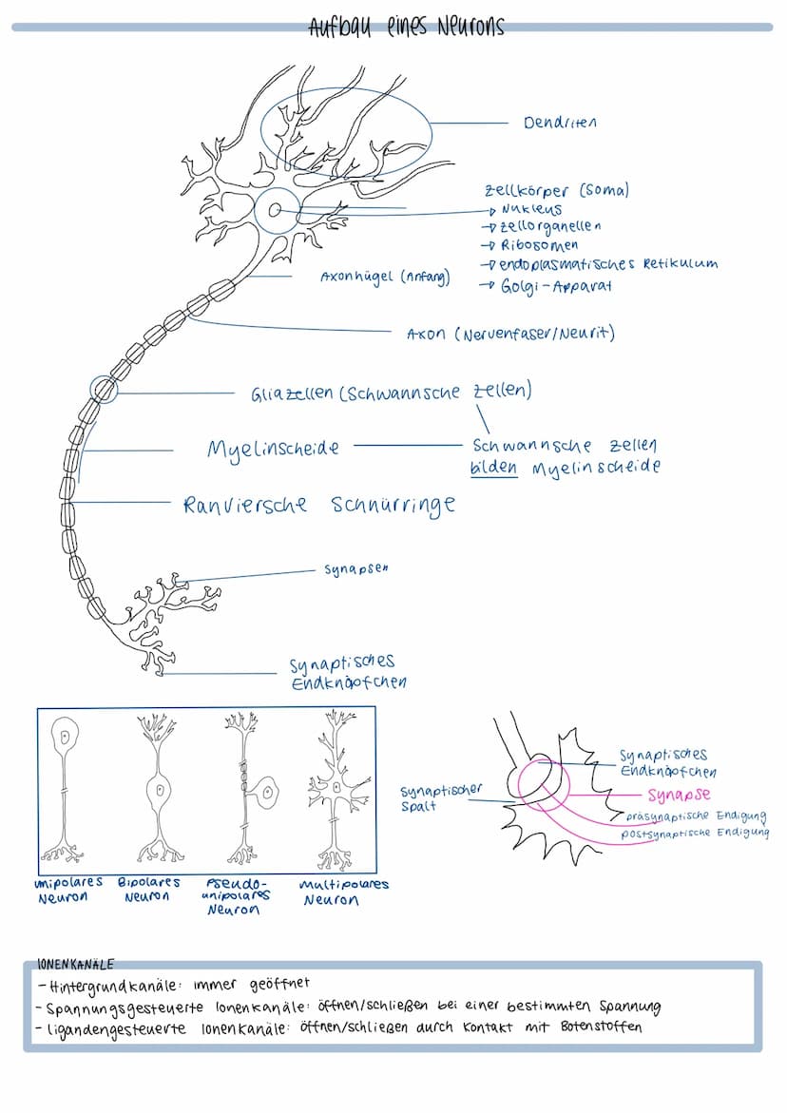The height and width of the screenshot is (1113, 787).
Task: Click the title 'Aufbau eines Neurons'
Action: coord(406,27)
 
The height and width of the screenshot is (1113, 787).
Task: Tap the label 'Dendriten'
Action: coord(560,123)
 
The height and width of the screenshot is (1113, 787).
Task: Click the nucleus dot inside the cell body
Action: coord(275,212)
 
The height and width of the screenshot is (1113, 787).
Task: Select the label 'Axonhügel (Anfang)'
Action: coord(385,278)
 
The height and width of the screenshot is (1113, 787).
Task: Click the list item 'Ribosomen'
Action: coord(539,245)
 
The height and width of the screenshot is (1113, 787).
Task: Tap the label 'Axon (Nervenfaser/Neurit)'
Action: coord(510,334)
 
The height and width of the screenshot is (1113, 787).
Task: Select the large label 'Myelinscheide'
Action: coord(273,448)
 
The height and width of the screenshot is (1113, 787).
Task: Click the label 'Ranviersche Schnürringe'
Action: coord(319,504)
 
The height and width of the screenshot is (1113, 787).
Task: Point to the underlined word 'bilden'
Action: coord(494,468)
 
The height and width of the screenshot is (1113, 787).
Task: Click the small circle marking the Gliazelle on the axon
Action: coord(104,389)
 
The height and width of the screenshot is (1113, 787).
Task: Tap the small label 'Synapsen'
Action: coord(356,569)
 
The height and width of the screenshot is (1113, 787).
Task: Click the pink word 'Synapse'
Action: coord(679,795)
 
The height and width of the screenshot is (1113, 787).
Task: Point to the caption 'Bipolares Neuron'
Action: coord(148,890)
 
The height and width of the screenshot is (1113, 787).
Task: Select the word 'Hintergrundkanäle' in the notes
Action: coord(111,985)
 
